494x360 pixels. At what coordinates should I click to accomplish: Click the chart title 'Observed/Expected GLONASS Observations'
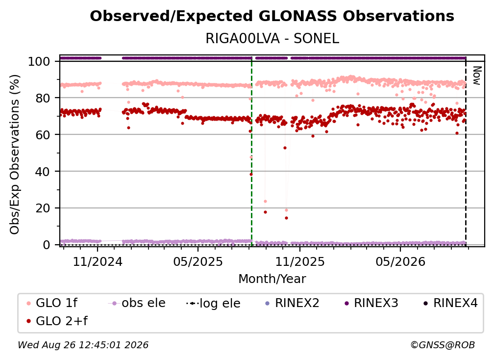point(272,16)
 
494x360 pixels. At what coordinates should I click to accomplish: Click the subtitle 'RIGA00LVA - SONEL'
point(272,38)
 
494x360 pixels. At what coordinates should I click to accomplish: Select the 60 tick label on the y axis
point(43,135)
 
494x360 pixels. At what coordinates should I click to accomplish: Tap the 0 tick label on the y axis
point(47,245)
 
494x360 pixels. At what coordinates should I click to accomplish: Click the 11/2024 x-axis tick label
point(98,261)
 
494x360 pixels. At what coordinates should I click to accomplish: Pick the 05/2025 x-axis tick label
point(198,261)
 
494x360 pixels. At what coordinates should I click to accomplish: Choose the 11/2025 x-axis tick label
point(300,261)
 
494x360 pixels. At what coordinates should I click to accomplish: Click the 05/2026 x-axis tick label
point(400,261)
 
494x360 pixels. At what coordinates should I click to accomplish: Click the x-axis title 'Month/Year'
point(272,279)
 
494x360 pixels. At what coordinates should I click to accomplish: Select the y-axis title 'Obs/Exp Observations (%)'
point(15,154)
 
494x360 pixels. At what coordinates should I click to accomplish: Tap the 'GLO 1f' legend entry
point(52,303)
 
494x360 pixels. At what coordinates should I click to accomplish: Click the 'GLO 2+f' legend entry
point(57,321)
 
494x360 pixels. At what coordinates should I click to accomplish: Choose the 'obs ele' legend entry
point(137,303)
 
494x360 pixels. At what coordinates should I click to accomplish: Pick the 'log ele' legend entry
point(213,303)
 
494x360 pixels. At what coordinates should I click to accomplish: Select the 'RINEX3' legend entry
point(371,303)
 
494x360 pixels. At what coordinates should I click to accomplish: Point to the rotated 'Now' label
point(477,76)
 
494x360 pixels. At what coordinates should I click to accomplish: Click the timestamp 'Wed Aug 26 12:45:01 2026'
point(83,345)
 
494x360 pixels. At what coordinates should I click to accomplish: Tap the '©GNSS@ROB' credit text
point(443,345)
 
